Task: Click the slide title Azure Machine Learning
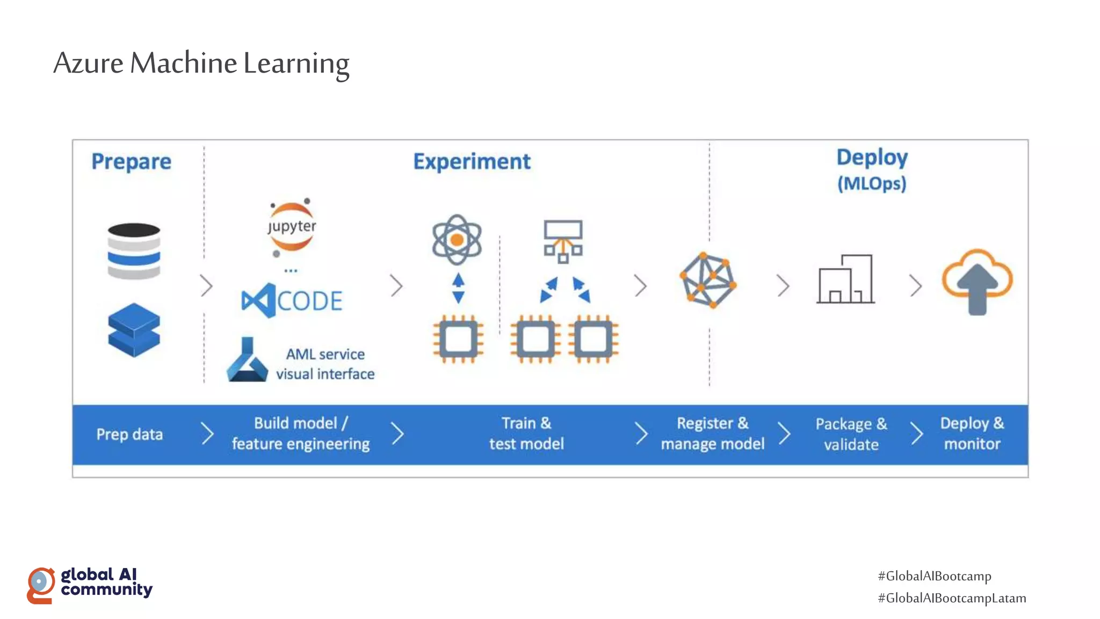201,63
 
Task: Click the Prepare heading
131,162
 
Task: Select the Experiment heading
472,162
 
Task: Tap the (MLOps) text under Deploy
872,184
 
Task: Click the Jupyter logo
292,227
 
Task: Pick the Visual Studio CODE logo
292,300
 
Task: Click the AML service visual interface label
325,364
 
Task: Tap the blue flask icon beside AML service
247,361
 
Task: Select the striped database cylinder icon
134,251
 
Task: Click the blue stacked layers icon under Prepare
134,330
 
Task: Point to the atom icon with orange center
457,240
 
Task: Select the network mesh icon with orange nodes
708,280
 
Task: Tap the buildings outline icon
845,279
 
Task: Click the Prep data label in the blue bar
129,434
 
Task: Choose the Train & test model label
526,434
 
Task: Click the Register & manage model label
712,434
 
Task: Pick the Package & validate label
851,434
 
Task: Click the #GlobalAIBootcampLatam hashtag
952,598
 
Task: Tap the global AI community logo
90,585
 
